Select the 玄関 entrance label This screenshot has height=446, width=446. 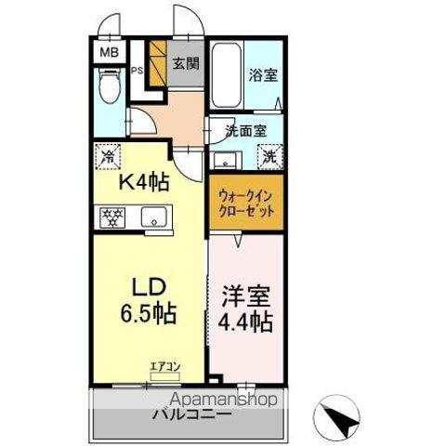click(x=185, y=64)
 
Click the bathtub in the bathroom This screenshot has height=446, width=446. click(x=223, y=76)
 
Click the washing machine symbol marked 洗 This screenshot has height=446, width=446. click(x=269, y=158)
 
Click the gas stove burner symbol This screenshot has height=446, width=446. click(x=113, y=218)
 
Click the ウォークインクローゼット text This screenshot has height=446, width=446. click(x=244, y=203)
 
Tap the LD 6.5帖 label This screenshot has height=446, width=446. click(x=149, y=297)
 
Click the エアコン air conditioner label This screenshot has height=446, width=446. click(x=164, y=367)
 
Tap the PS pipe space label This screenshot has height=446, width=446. click(x=137, y=71)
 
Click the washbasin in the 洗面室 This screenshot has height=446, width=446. click(x=224, y=158)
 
